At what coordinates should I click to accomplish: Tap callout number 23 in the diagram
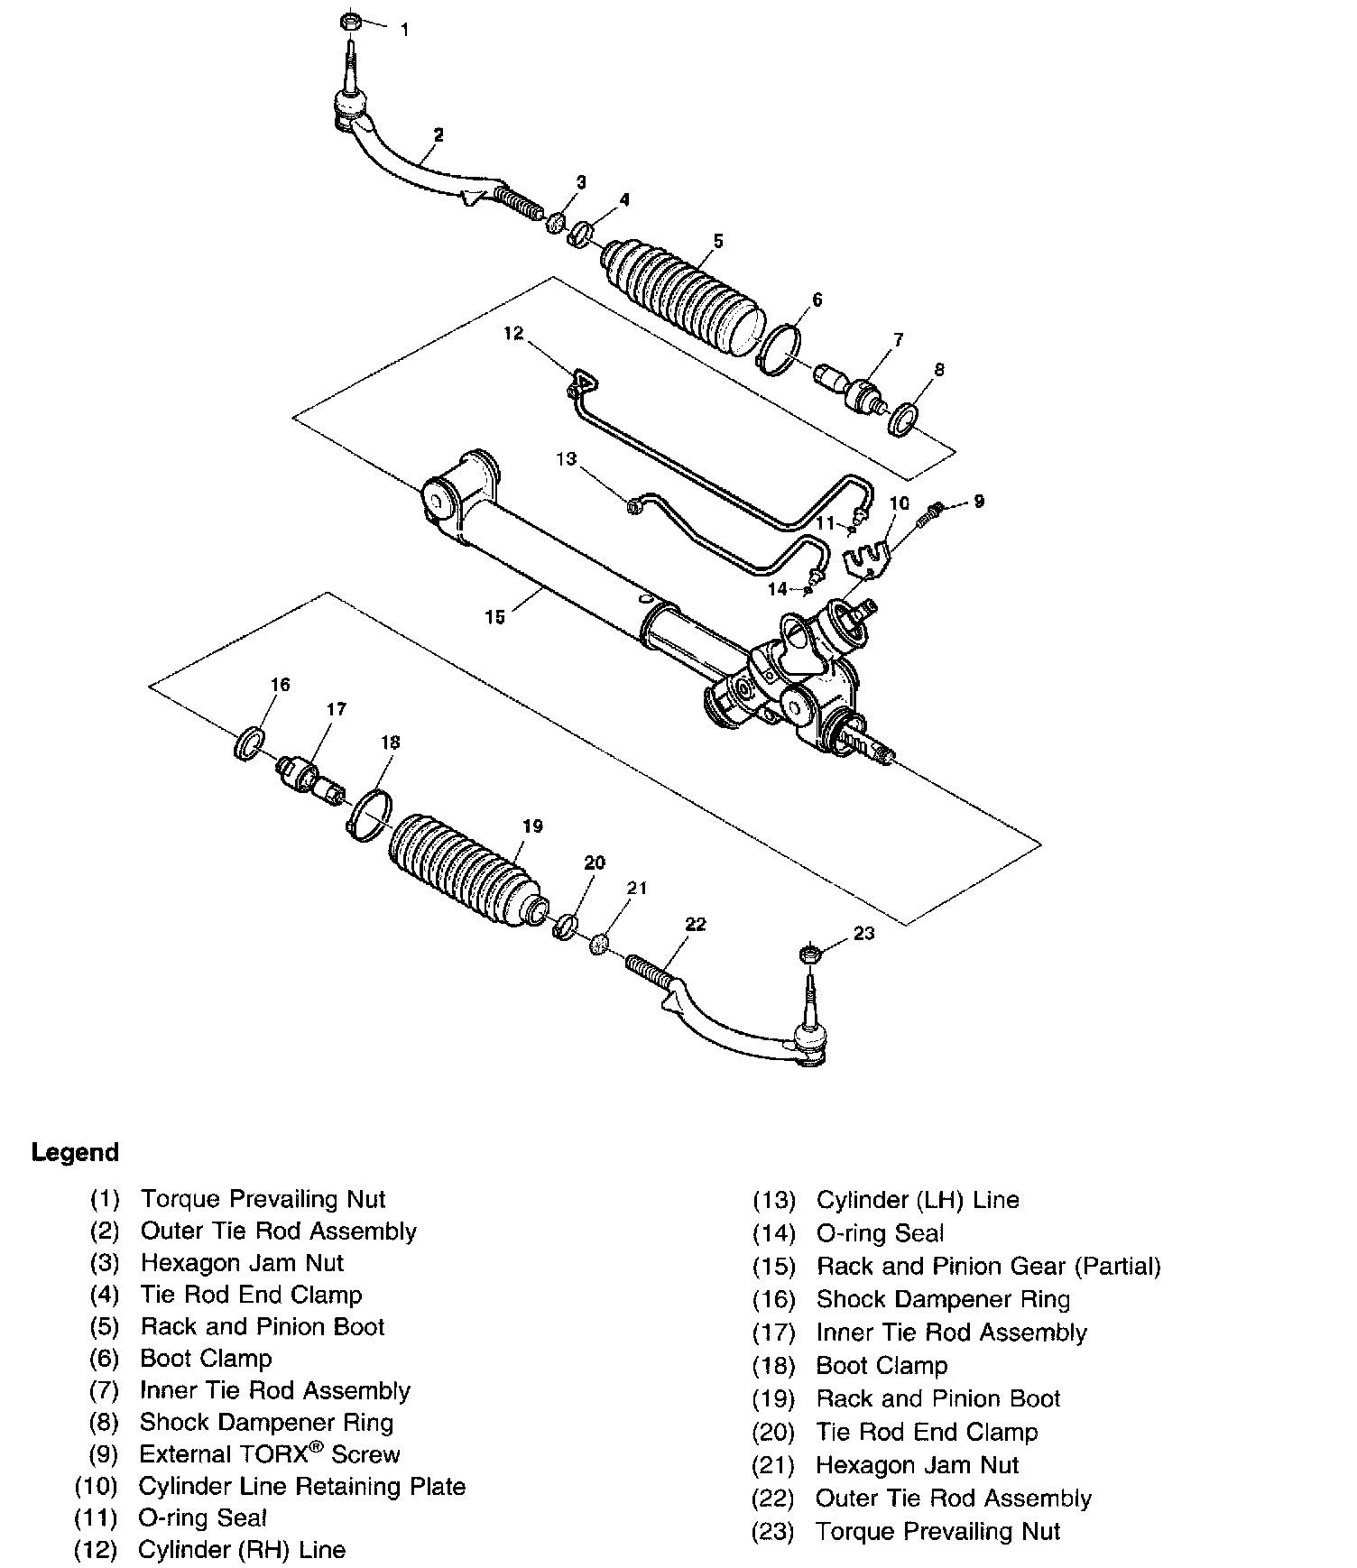coord(863,933)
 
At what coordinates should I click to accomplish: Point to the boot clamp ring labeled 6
coord(778,348)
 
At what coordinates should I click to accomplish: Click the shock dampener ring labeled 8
coord(903,420)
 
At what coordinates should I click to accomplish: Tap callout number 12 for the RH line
coord(513,334)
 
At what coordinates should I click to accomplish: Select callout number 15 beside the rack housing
coord(495,617)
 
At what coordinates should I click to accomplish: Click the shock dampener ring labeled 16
coord(249,744)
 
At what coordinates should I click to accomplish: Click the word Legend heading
coord(75,1152)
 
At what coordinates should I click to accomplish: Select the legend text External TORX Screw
coord(269,1453)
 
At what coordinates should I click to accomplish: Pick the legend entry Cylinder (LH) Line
coord(918,1200)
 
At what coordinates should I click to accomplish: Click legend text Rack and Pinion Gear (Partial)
coord(988,1266)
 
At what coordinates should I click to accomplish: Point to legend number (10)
coord(96,1486)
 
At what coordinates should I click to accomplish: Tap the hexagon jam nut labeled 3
coord(557,222)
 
